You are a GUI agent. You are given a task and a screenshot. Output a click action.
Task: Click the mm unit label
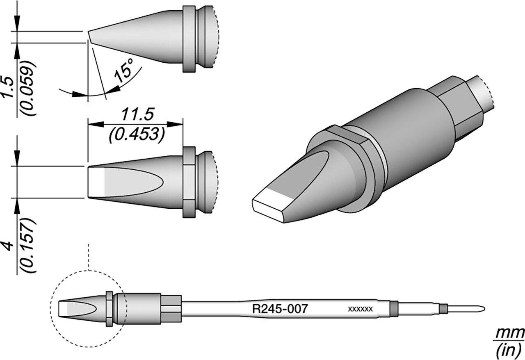click(x=509, y=333)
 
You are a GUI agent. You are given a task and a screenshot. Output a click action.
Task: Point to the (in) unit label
click(x=509, y=350)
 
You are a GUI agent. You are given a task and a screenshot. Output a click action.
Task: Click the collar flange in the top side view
click(x=189, y=39)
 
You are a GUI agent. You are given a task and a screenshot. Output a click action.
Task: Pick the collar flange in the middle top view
click(x=189, y=182)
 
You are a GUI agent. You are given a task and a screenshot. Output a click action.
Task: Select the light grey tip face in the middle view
click(x=98, y=182)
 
